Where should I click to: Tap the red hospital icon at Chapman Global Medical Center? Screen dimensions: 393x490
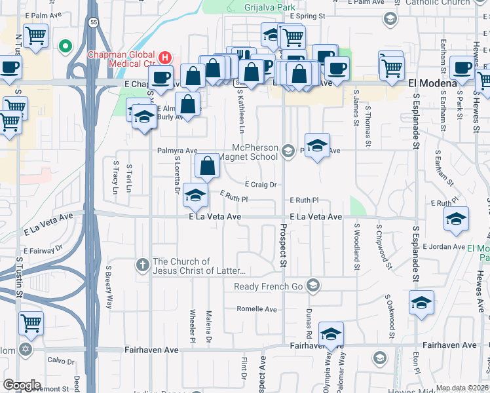[x=165, y=58]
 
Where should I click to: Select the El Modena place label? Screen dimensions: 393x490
[x=432, y=84]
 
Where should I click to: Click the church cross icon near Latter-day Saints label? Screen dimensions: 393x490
[x=143, y=265]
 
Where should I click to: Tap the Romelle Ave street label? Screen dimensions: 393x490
[x=257, y=309]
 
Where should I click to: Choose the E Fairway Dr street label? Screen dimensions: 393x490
[x=43, y=250]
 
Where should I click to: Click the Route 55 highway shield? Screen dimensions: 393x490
[x=95, y=22]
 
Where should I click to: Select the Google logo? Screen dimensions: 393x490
[x=22, y=384]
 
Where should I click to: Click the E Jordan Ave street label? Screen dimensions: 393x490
[x=443, y=246]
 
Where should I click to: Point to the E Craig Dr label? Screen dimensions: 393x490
[x=261, y=185]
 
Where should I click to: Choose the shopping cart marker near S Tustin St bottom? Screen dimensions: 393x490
[x=31, y=323]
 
